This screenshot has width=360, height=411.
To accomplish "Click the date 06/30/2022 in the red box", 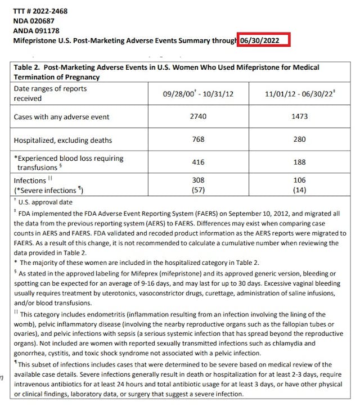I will point(263,40).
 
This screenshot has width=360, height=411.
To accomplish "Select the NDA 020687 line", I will point(34,21).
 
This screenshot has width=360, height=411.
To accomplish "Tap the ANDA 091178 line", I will point(36,31).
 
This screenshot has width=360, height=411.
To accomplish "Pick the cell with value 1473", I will point(299,116).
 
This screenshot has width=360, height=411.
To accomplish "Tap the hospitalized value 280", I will point(299,139).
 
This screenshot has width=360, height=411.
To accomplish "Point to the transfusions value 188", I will point(299,162).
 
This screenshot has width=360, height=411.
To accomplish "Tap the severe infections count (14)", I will point(299,190).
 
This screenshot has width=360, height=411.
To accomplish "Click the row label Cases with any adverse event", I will point(61,117).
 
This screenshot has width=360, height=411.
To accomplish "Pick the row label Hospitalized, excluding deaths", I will point(64,140).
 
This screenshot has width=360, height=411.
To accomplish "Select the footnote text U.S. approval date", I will point(46,202).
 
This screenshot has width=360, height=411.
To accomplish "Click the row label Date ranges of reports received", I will point(50,93).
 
